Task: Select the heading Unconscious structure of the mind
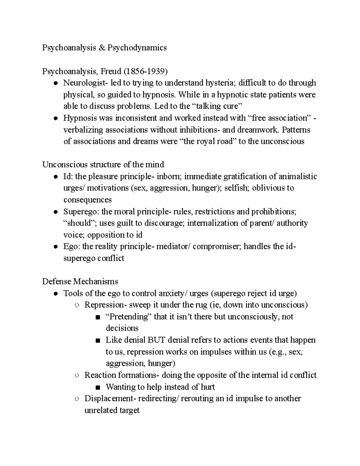103,165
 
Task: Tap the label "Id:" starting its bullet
68,176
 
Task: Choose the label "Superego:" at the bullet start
81,212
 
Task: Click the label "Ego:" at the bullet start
72,247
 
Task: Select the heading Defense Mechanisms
80,282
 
